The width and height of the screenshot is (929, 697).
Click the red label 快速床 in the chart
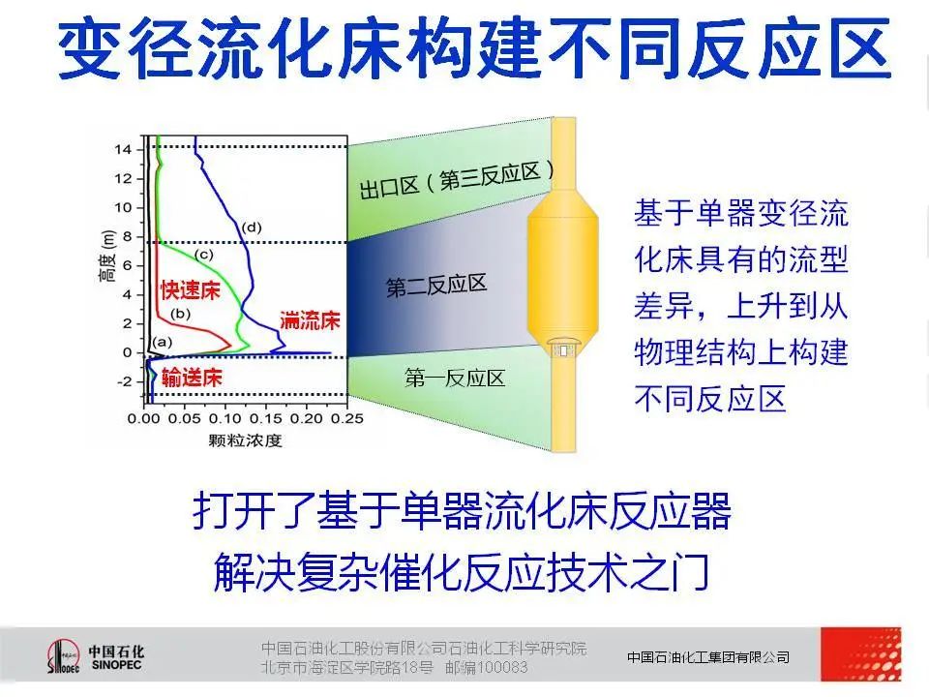tap(191, 290)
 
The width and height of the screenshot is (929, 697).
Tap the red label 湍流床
tap(310, 320)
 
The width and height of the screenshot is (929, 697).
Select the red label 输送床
tap(192, 378)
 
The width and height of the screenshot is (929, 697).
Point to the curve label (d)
tap(252, 227)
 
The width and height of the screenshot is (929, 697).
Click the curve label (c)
tap(203, 255)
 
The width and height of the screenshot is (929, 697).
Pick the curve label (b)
tap(180, 313)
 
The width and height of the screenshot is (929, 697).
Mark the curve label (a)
tap(162, 342)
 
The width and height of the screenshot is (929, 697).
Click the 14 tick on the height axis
tap(123, 149)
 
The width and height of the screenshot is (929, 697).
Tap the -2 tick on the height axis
tap(125, 381)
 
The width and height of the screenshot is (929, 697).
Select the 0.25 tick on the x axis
tap(347, 418)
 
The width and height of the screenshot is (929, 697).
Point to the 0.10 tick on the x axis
tap(225, 418)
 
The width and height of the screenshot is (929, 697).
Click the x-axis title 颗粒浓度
tap(245, 440)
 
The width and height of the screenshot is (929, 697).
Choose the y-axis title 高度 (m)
tap(107, 255)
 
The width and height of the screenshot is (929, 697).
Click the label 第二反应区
tap(436, 285)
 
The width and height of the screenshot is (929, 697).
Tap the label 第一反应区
tap(455, 378)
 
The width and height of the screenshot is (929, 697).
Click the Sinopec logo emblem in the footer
tap(63, 656)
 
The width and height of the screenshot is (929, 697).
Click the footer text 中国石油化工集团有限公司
tap(708, 657)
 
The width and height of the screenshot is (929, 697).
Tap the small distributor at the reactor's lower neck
tap(563, 348)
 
